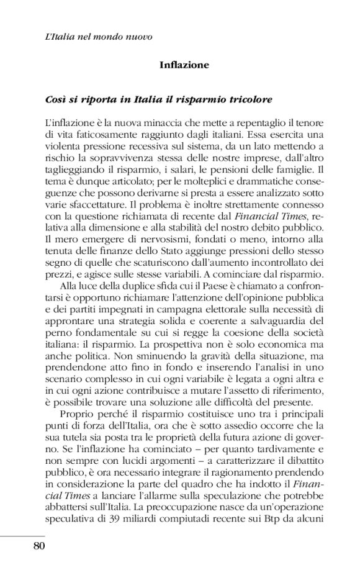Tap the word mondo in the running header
coord(106,36)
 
